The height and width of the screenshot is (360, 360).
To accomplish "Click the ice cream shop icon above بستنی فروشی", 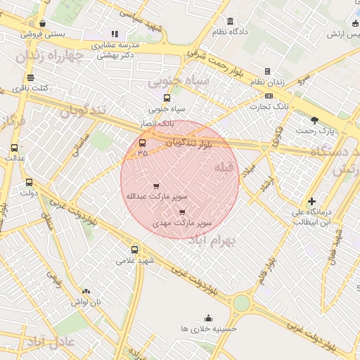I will click(x=42, y=23).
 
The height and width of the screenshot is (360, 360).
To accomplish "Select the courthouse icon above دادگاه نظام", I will click(x=231, y=21).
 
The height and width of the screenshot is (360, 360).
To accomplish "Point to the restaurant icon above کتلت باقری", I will click(x=30, y=78).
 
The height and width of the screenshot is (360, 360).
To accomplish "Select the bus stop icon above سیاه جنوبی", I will click(x=167, y=98).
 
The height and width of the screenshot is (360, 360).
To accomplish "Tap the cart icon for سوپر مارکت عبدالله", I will click(x=156, y=186).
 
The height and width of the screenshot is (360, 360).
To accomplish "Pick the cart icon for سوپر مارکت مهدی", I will click(x=183, y=211).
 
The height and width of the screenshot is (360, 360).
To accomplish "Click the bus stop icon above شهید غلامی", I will click(x=134, y=249).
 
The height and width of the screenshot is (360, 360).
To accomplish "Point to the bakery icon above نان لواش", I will click(x=86, y=291).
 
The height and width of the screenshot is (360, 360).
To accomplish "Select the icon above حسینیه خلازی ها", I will click(x=207, y=318).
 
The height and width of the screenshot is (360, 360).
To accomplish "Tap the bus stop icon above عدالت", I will click(x=15, y=148).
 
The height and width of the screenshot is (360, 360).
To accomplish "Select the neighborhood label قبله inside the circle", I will click(x=223, y=167).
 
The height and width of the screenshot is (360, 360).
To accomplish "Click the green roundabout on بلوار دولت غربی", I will click(x=241, y=303).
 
